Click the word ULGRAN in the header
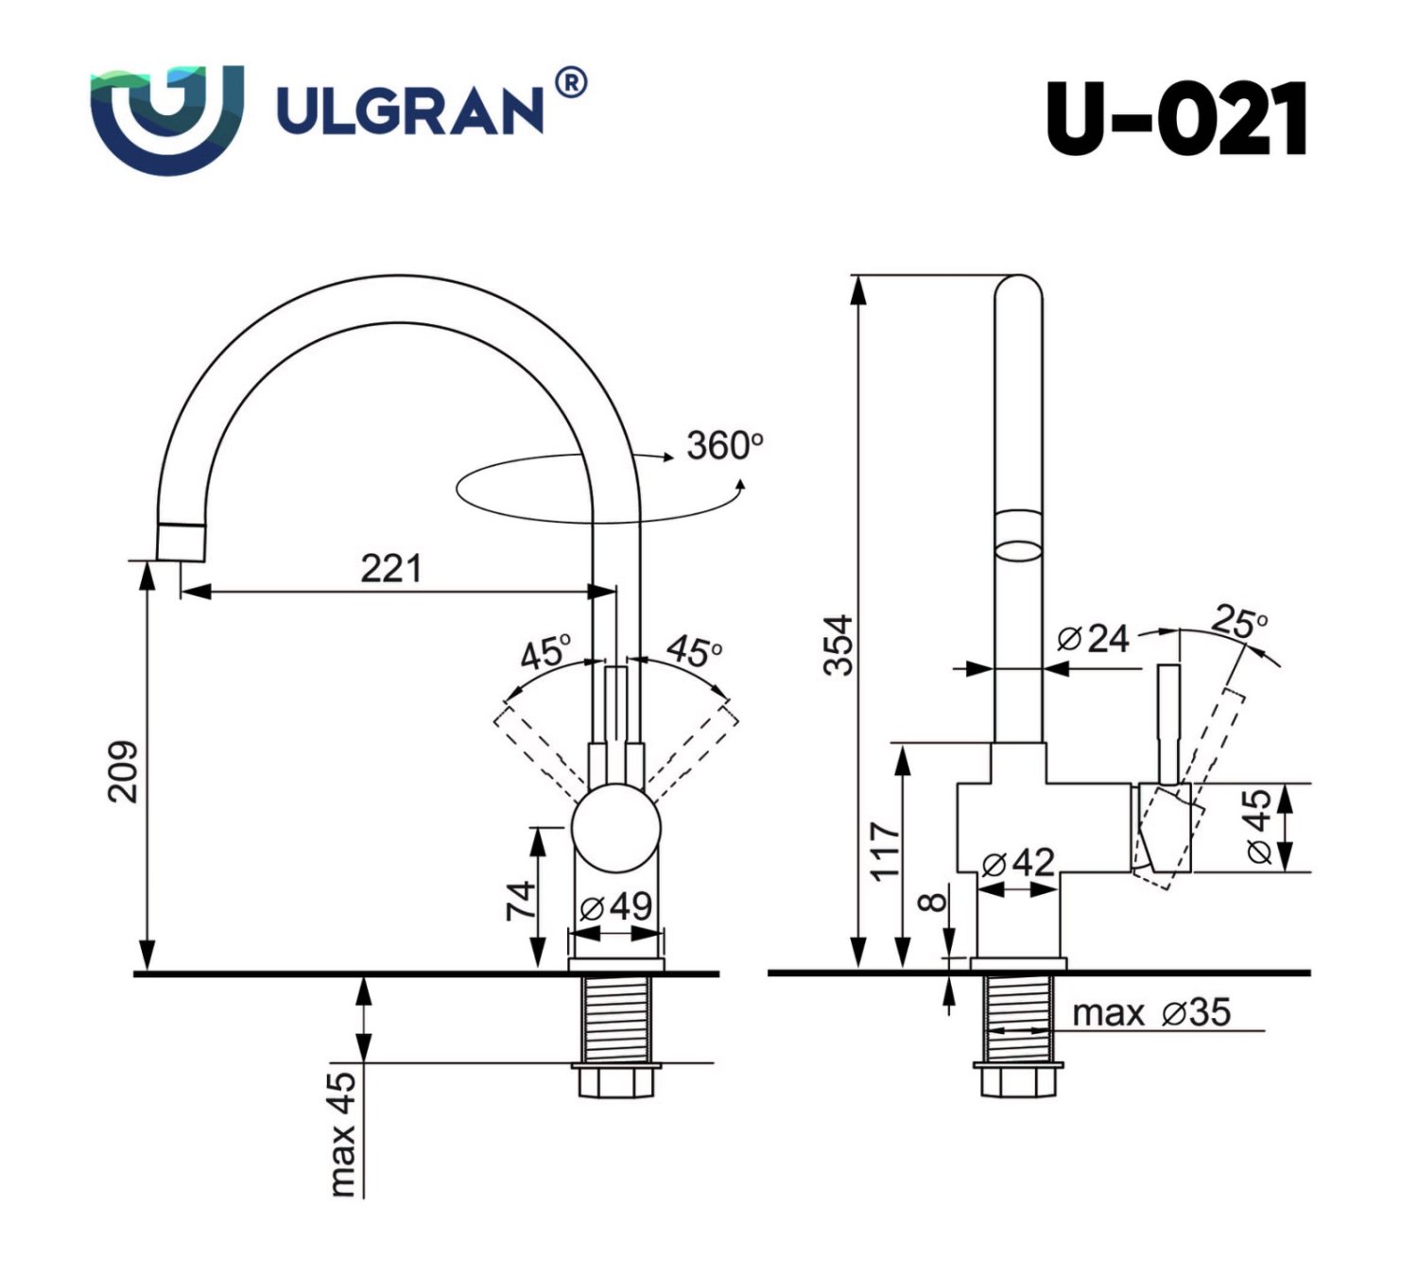[x=409, y=111]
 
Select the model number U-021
[x=1176, y=119]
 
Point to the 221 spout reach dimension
[x=390, y=568]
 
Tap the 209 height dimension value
[x=124, y=772]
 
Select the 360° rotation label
[x=724, y=445]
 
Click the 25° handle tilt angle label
[x=1238, y=623]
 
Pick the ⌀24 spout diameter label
[x=1093, y=639]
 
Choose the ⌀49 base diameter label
[x=615, y=906]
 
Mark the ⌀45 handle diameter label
[x=1258, y=826]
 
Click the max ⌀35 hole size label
[x=1151, y=1012]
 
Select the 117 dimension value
[x=885, y=851]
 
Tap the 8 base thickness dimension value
[x=934, y=902]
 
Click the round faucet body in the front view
[x=616, y=829]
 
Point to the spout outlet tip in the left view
[x=180, y=543]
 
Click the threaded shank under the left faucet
[x=616, y=1019]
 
